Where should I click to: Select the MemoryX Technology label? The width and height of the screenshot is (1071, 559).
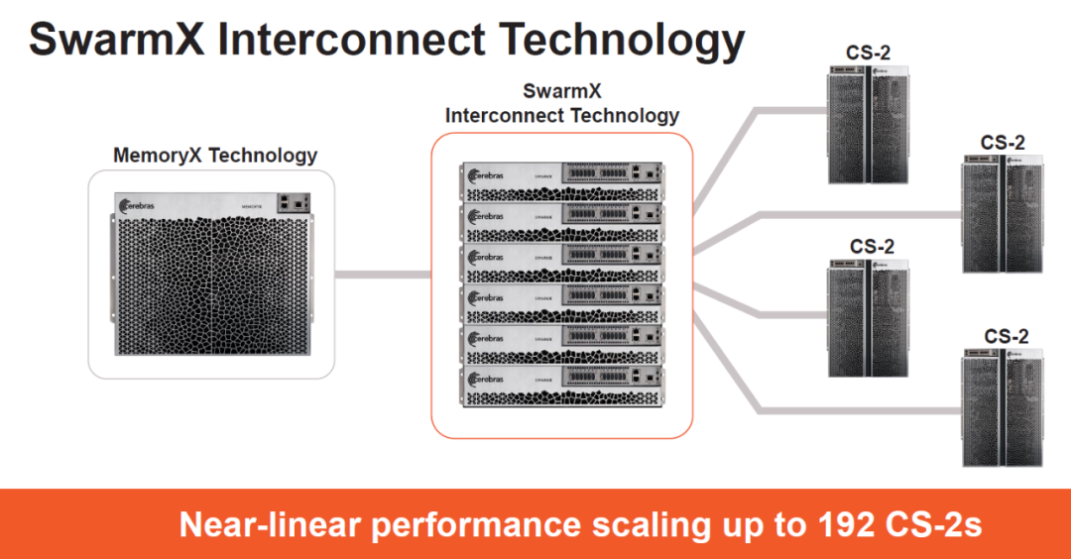click(x=215, y=156)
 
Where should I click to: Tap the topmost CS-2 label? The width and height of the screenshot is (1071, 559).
click(x=868, y=52)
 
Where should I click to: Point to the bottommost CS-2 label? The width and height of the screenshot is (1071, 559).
click(x=1007, y=337)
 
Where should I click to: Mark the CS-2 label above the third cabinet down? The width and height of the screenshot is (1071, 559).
click(x=872, y=246)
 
